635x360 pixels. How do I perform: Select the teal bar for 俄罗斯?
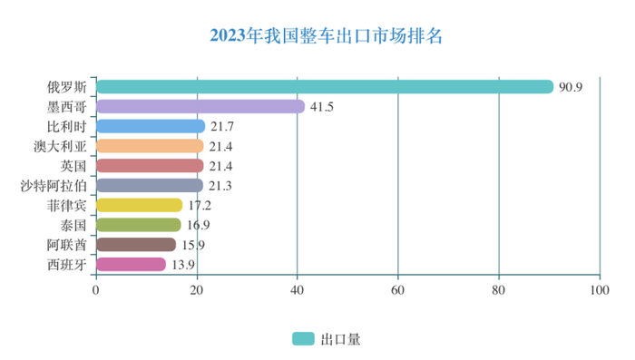(x=324, y=87)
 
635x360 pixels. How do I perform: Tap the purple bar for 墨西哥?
(x=200, y=106)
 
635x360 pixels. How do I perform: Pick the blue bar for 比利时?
(x=150, y=126)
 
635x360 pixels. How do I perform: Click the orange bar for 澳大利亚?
(x=150, y=146)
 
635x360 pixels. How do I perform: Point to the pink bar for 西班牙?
(x=131, y=264)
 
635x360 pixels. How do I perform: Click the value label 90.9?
(x=571, y=87)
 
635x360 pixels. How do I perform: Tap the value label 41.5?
(x=322, y=107)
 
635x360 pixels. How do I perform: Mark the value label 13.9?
(x=183, y=265)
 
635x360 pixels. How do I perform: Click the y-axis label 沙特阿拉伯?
(x=54, y=186)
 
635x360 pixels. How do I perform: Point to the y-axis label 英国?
(x=73, y=166)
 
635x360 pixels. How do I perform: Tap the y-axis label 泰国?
(x=73, y=225)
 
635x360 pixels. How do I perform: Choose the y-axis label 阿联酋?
(x=67, y=245)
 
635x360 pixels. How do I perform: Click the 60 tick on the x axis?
(x=397, y=290)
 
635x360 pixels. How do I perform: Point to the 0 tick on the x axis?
(x=95, y=290)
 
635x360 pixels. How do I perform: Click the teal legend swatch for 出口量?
(x=302, y=338)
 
